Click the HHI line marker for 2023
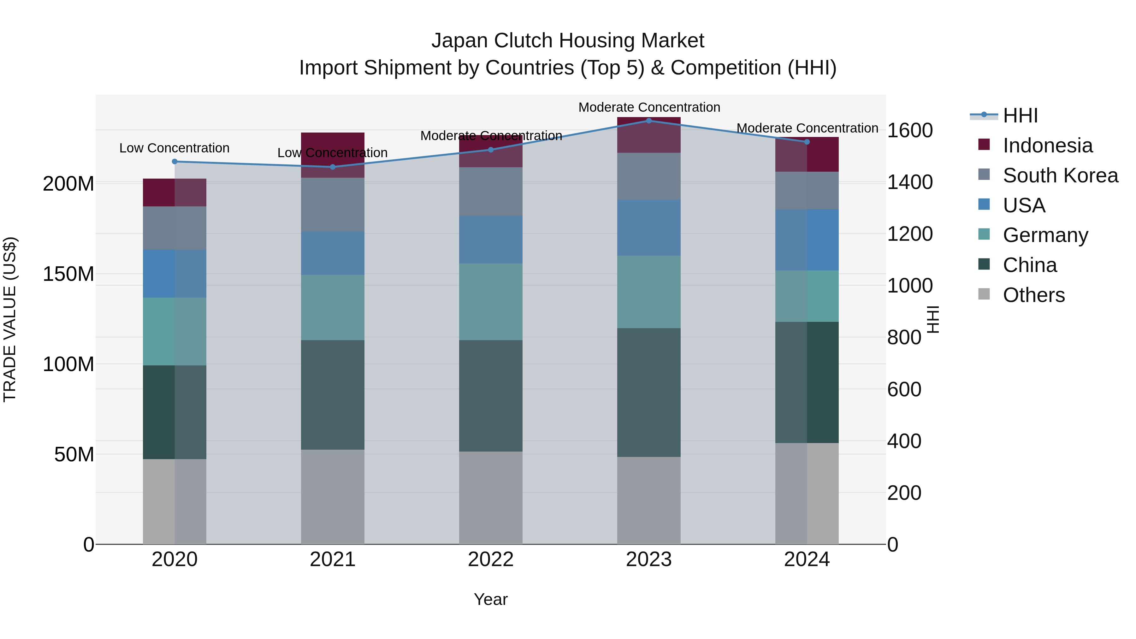pos(649,121)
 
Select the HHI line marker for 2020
pos(175,161)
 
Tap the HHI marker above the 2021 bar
pos(333,167)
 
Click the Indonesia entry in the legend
pos(1047,145)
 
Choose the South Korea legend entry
pos(1060,175)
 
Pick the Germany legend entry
pos(1045,235)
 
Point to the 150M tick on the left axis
pos(68,274)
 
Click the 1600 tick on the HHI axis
pos(909,131)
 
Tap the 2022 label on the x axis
pos(490,559)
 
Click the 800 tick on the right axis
pos(904,338)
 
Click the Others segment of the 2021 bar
pos(333,497)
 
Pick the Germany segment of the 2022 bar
pos(490,302)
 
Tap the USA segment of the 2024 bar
pos(807,240)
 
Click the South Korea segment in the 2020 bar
pos(175,228)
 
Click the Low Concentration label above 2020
pos(175,148)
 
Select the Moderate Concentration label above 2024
pos(807,128)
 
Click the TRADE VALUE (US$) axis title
pos(10,319)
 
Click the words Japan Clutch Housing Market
pos(568,41)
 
